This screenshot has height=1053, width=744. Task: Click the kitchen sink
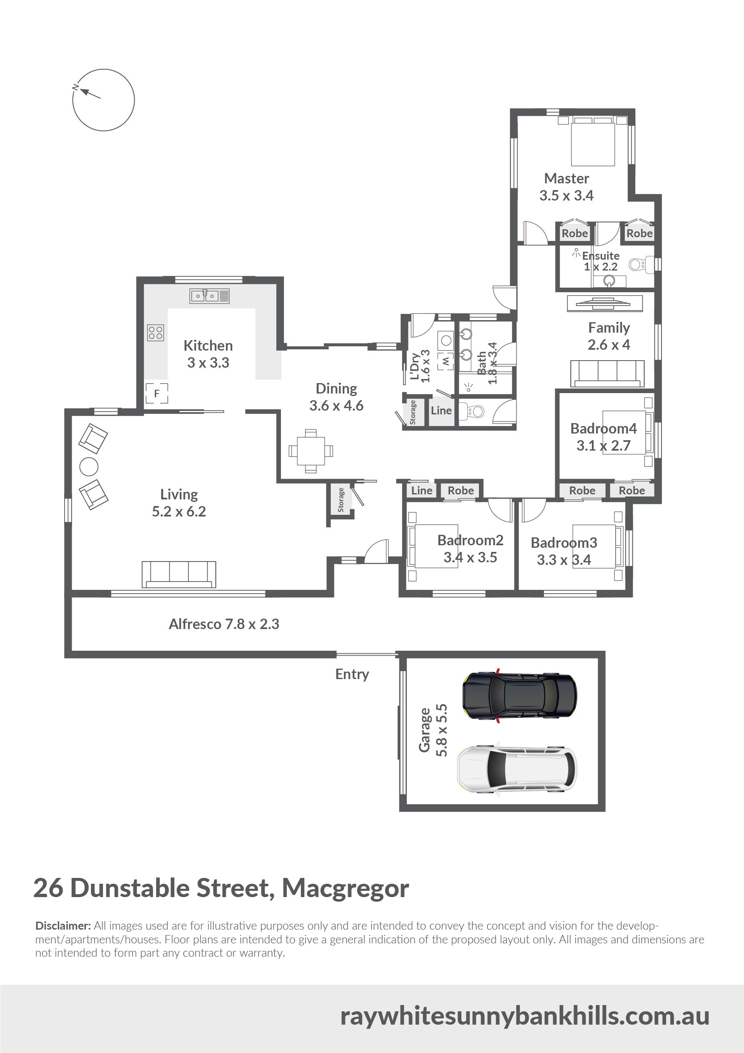click(x=210, y=296)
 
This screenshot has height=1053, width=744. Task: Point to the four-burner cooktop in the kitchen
click(x=155, y=333)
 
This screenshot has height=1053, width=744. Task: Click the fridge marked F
click(x=157, y=393)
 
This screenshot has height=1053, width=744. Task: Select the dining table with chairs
click(x=311, y=451)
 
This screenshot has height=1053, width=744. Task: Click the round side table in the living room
click(x=89, y=467)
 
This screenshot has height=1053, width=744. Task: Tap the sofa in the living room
click(x=179, y=574)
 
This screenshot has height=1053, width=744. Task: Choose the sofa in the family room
click(x=608, y=374)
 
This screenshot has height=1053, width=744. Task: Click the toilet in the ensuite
click(x=637, y=264)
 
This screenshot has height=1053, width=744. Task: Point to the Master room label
click(x=566, y=178)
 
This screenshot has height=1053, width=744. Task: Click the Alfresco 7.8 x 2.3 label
click(x=224, y=624)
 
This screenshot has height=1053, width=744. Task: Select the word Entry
click(x=352, y=674)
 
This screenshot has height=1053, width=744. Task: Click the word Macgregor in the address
click(x=346, y=888)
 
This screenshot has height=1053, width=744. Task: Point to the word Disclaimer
click(x=63, y=925)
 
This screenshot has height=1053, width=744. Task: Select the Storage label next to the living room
click(x=341, y=499)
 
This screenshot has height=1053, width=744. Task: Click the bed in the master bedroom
click(x=593, y=141)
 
